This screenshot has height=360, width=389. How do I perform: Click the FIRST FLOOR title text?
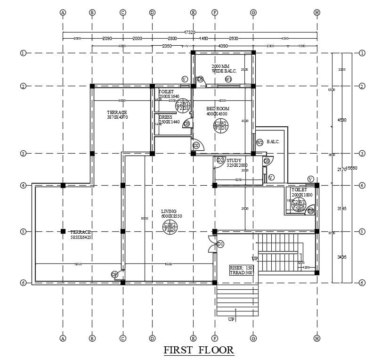pyautogui.click(x=198, y=350)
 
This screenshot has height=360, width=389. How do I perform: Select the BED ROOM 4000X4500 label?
pyautogui.click(x=217, y=111)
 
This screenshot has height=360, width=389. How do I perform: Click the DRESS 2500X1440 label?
pyautogui.click(x=169, y=120)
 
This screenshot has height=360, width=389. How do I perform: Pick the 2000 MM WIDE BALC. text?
pyautogui.click(x=224, y=69)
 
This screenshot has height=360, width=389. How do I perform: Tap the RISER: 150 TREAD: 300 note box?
pyautogui.click(x=242, y=270)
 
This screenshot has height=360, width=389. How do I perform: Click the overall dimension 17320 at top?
pyautogui.click(x=189, y=33)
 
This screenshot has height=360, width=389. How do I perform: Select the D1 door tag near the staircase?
pyautogui.click(x=220, y=244)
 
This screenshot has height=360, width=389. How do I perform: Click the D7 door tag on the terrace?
pyautogui.click(x=114, y=274)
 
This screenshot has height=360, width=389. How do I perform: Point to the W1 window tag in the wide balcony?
pyautogui.click(x=228, y=80)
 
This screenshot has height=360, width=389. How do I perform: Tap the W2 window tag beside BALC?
pyautogui.click(x=259, y=142)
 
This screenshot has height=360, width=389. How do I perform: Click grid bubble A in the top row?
pyautogui.click(x=63, y=12)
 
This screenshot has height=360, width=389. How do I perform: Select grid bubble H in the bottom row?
pyautogui.click(x=317, y=338)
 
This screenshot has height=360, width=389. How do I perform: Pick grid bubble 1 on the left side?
pyautogui.click(x=23, y=53)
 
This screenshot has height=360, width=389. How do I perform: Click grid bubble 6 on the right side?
pyautogui.click(x=362, y=283)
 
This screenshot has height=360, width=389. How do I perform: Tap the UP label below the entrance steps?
pyautogui.click(x=231, y=319)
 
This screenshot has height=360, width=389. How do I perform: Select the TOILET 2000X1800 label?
pyautogui.click(x=299, y=192)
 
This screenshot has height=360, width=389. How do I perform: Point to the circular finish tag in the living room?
pyautogui.click(x=170, y=227)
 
